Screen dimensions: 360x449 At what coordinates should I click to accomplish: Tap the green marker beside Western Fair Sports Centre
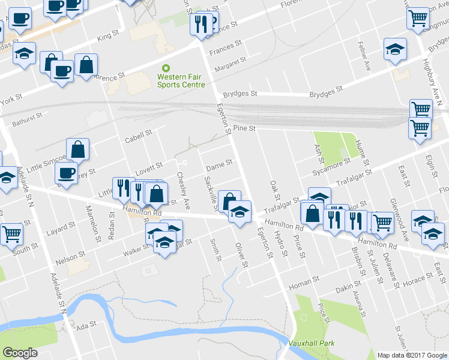[x=166, y=68]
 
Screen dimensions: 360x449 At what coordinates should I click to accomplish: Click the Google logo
[x=20, y=352]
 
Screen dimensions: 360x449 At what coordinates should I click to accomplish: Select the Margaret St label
[x=234, y=62]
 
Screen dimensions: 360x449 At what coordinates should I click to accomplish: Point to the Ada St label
[x=87, y=325]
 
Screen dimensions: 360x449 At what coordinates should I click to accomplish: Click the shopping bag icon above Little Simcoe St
[x=78, y=149]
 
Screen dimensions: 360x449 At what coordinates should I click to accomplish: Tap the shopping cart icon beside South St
[x=11, y=233]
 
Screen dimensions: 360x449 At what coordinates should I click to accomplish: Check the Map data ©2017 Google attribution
[x=412, y=355]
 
